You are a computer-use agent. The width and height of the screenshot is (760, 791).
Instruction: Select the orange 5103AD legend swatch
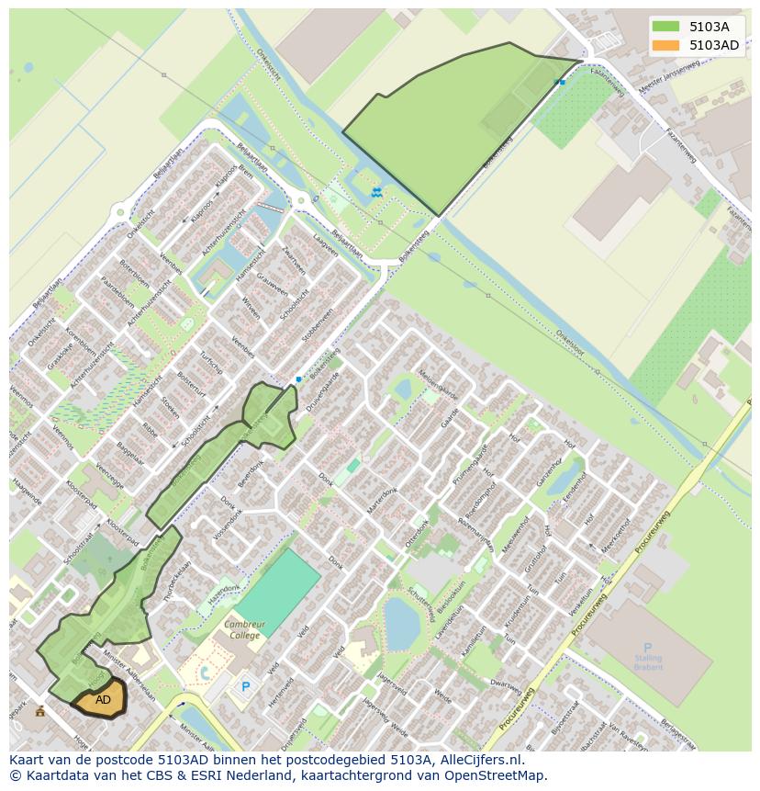click(666, 45)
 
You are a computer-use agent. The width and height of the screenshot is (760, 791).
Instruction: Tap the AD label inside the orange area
click(103, 700)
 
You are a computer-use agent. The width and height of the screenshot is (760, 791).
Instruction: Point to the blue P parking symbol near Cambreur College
click(244, 685)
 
